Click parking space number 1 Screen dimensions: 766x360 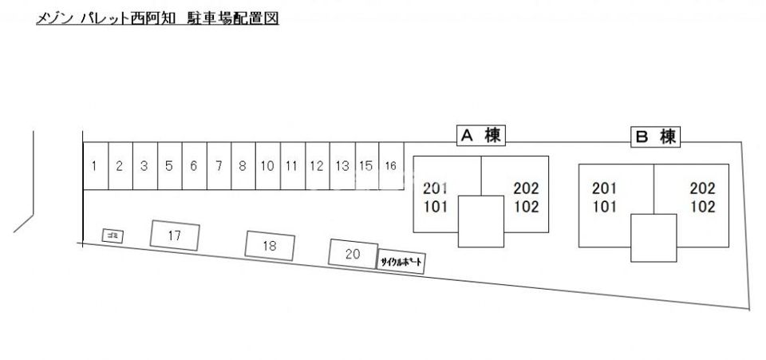click(x=96, y=165)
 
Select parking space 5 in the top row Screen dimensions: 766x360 click(x=169, y=165)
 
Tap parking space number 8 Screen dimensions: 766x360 click(x=243, y=165)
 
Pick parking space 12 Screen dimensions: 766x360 click(x=318, y=165)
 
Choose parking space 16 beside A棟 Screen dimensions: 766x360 click(x=391, y=165)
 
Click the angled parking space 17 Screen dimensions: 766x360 click(x=175, y=235)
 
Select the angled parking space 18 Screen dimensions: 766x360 click(x=270, y=246)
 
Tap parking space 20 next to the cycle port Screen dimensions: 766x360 click(x=353, y=254)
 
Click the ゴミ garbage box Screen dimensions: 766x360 click(x=113, y=236)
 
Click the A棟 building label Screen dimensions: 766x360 click(x=481, y=136)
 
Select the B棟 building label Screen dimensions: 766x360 click(x=656, y=136)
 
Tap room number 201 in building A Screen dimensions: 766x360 click(x=436, y=188)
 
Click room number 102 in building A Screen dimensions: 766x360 click(x=526, y=207)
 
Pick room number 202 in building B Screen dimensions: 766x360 click(x=702, y=188)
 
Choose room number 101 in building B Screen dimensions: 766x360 click(x=605, y=207)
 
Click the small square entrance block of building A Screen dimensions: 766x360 click(x=480, y=221)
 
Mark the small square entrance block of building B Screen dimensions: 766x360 click(x=653, y=238)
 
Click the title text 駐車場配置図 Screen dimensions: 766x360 click(x=232, y=18)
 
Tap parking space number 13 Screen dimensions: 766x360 click(x=342, y=165)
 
